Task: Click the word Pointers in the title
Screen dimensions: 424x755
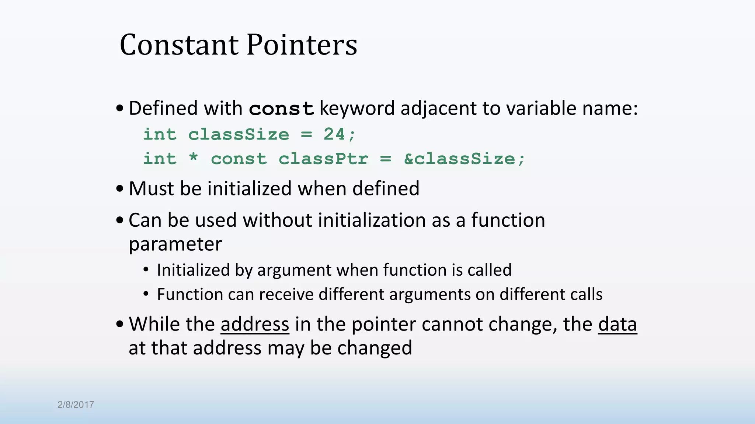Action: pyautogui.click(x=302, y=45)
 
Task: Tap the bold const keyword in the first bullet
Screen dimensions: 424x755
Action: pyautogui.click(x=281, y=109)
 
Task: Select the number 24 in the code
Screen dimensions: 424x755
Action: pyautogui.click(x=334, y=134)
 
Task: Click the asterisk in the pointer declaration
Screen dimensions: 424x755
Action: pyautogui.click(x=193, y=159)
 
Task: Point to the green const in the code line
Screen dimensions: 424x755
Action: pyautogui.click(x=239, y=159)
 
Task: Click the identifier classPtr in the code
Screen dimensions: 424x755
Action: pyautogui.click(x=323, y=159)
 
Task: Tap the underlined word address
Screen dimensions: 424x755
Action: pyautogui.click(x=255, y=324)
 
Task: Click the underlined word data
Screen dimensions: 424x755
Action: pyautogui.click(x=617, y=324)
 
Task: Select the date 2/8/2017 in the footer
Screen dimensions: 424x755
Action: pyautogui.click(x=76, y=404)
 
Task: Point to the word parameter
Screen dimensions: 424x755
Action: pyautogui.click(x=175, y=244)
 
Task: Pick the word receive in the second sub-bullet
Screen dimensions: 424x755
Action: pyautogui.click(x=286, y=294)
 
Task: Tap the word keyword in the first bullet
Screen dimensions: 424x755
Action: pyautogui.click(x=357, y=109)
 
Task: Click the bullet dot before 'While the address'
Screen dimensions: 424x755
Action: pyautogui.click(x=119, y=324)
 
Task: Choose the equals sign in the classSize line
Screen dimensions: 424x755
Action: pyautogui.click(x=306, y=134)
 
